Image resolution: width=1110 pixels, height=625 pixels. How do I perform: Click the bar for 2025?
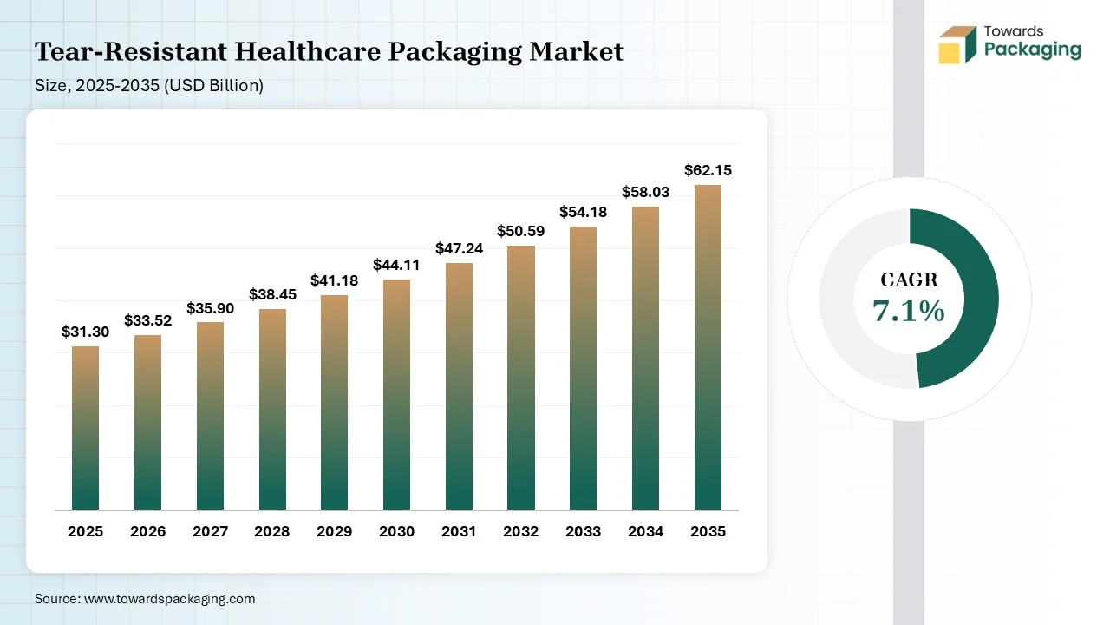point(85,428)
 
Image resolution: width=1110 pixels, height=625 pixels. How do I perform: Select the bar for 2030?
point(396,395)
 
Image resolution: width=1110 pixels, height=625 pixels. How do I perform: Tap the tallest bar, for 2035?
point(708,347)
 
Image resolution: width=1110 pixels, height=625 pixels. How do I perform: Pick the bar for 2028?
point(272,410)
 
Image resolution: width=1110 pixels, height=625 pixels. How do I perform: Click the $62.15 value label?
point(708,170)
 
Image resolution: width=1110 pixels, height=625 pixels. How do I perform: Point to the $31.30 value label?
point(85,332)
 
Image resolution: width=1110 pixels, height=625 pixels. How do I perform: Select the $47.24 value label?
point(459,248)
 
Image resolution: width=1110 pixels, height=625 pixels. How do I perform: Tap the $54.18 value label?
point(583,212)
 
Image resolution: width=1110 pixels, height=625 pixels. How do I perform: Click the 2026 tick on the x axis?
point(147,531)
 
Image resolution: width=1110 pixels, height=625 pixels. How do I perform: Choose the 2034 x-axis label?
point(645,531)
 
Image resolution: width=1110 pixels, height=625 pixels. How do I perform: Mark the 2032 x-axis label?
point(521,531)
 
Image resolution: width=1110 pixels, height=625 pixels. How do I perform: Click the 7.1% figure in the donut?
point(909,311)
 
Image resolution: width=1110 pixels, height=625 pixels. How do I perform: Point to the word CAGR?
point(909,280)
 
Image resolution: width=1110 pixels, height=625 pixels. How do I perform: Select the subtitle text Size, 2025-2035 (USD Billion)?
point(149,85)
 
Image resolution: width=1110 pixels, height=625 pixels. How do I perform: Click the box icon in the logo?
point(957,44)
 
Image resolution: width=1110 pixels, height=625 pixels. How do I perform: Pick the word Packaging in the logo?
point(1032,50)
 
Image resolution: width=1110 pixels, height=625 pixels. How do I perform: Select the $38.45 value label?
point(272,294)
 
